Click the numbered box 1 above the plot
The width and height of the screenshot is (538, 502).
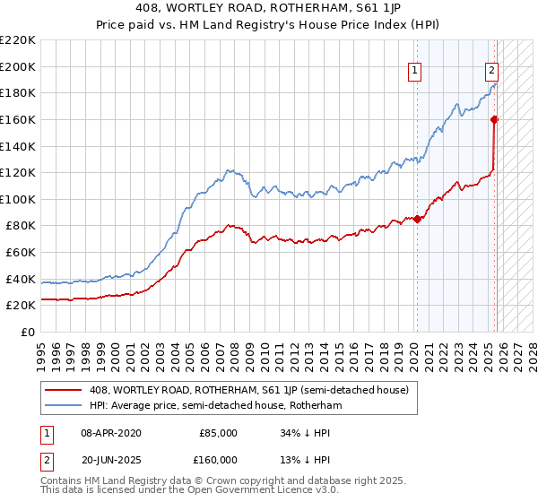(x=416, y=73)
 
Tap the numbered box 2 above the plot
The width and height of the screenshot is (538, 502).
(x=492, y=73)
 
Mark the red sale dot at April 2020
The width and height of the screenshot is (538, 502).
(x=417, y=219)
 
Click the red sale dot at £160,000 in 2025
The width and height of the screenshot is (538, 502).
(x=494, y=119)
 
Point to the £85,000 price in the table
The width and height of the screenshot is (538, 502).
(x=218, y=433)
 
